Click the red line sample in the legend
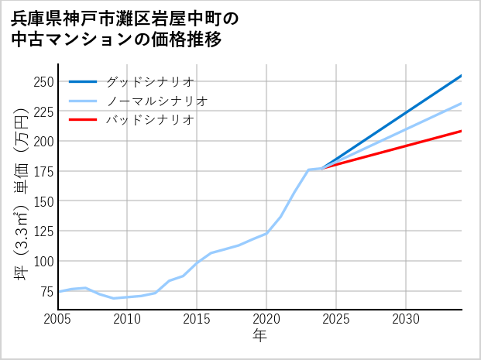(x=83, y=120)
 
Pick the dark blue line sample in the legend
(x=83, y=81)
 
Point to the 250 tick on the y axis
(x=43, y=82)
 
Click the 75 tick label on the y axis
(x=46, y=291)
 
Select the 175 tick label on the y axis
(x=43, y=171)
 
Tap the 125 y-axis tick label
(x=43, y=231)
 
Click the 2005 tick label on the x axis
(x=58, y=319)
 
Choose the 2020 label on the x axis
(x=266, y=319)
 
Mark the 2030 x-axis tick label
(x=406, y=319)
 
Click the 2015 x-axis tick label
(x=197, y=319)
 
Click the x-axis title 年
(x=259, y=336)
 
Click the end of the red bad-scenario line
(x=461, y=131)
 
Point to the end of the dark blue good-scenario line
(x=461, y=76)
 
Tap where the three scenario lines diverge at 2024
(x=322, y=168)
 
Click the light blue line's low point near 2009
(x=114, y=298)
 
